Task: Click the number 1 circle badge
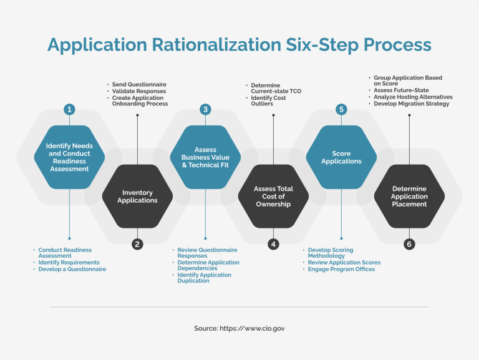pyautogui.click(x=69, y=110)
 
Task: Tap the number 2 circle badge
pyautogui.click(x=137, y=244)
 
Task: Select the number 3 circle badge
pyautogui.click(x=205, y=110)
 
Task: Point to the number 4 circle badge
pyautogui.click(x=273, y=244)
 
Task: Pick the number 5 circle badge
pyautogui.click(x=341, y=110)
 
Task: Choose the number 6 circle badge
pyautogui.click(x=409, y=244)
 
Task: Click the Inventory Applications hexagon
pyautogui.click(x=137, y=197)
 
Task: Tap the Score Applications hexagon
pyautogui.click(x=341, y=157)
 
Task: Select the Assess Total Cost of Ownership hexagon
pyautogui.click(x=273, y=197)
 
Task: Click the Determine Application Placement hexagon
pyautogui.click(x=409, y=197)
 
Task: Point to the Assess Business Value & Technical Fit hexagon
pyautogui.click(x=205, y=157)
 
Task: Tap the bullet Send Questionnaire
pyautogui.click(x=139, y=84)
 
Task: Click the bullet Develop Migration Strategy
pyautogui.click(x=412, y=104)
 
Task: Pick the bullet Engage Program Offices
pyautogui.click(x=342, y=269)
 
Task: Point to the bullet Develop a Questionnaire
pyautogui.click(x=72, y=269)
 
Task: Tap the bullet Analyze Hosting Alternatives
pyautogui.click(x=413, y=97)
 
